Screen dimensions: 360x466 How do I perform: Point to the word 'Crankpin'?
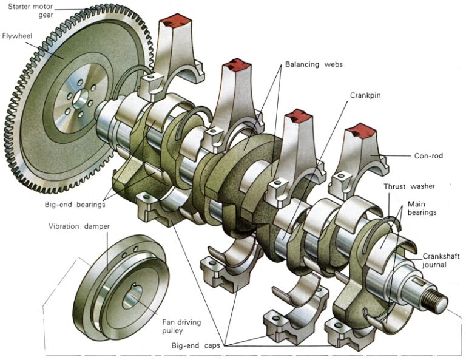[366, 95]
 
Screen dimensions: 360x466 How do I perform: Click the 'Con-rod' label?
[428, 156]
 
